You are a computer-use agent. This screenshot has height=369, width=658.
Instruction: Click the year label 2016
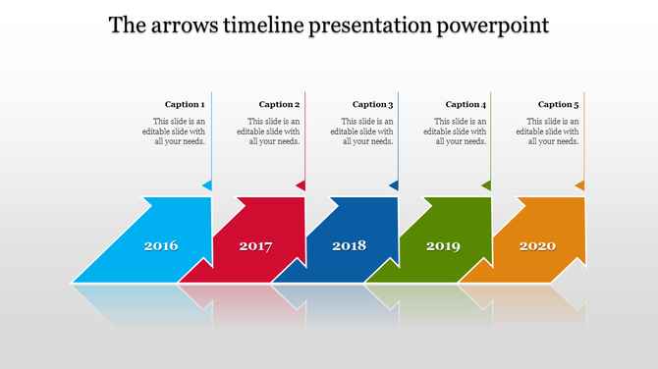tap(161, 245)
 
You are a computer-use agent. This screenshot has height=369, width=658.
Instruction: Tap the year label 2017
tap(255, 245)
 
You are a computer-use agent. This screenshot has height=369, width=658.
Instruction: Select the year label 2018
tap(349, 245)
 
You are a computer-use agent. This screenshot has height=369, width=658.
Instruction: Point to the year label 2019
tap(443, 245)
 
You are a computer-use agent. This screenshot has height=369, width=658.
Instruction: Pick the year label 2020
tap(537, 245)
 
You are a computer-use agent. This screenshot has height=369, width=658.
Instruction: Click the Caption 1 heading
tap(185, 104)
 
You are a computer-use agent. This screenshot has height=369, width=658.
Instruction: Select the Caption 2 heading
tap(279, 104)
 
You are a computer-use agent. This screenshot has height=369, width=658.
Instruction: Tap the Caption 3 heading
tap(372, 104)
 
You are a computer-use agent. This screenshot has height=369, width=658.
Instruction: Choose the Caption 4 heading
tap(466, 104)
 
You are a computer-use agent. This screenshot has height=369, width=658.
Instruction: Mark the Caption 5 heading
tap(558, 104)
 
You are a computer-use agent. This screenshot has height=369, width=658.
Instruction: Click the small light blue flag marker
tap(207, 185)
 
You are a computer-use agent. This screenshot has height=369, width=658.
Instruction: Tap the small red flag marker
tap(301, 185)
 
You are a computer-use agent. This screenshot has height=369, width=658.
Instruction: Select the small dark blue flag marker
tap(394, 185)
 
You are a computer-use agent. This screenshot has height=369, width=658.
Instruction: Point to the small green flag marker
tap(486, 185)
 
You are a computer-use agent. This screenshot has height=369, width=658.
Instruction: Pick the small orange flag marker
tap(579, 185)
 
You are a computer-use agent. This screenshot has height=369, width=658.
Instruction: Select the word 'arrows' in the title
tap(182, 25)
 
